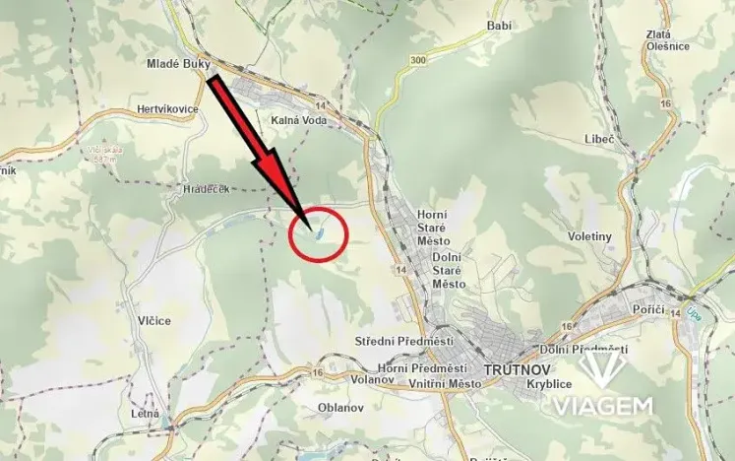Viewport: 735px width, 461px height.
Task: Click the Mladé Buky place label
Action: [179, 63]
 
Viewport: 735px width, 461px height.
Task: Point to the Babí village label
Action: [500, 26]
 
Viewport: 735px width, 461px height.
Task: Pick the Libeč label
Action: [599, 139]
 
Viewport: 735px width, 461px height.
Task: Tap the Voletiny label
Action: [590, 236]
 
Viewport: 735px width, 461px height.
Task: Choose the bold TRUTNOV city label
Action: [508, 371]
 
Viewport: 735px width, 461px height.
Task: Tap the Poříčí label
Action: [649, 309]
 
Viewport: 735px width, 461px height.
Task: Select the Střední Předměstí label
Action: [403, 341]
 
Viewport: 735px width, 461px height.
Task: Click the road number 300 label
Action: [420, 61]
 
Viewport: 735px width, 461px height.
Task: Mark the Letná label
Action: [145, 414]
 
